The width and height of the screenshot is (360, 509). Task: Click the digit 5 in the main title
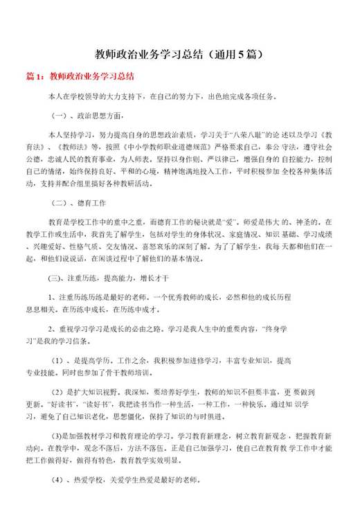[247, 53]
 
